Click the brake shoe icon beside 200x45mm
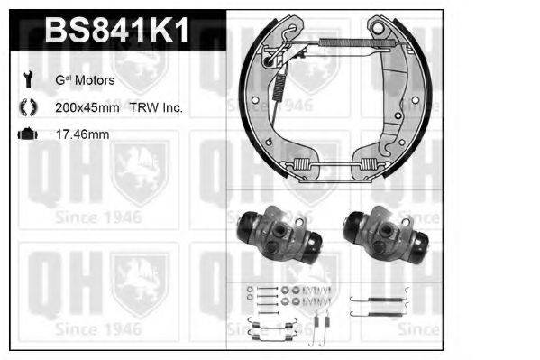(25, 107)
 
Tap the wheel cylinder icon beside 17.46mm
(25, 134)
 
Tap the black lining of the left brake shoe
(244, 99)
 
